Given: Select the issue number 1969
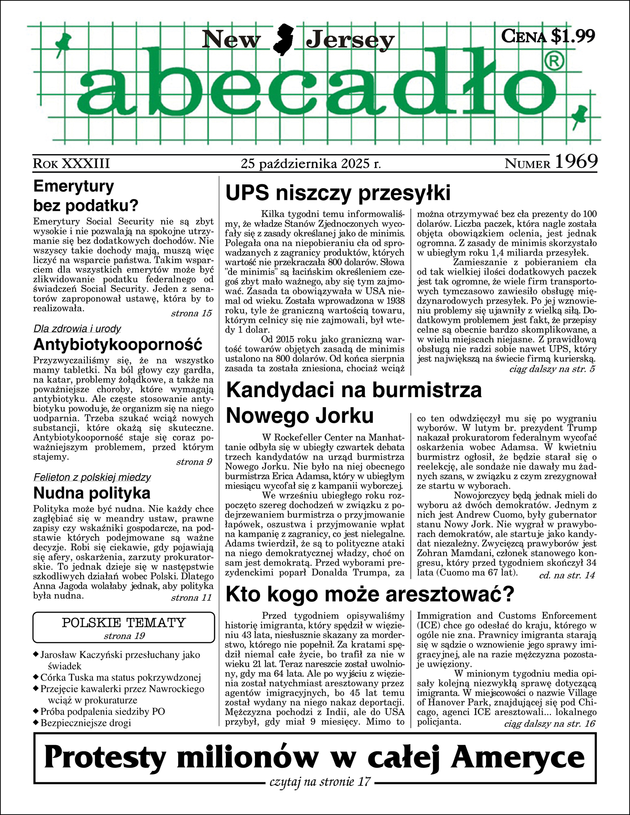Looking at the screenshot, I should pyautogui.click(x=576, y=162).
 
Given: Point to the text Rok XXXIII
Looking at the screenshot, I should pyautogui.click(x=71, y=163).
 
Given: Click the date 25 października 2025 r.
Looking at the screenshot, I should pyautogui.click(x=311, y=163).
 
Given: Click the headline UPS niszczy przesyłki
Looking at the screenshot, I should pyautogui.click(x=338, y=193).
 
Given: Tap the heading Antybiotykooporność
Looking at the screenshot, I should pyautogui.click(x=118, y=345).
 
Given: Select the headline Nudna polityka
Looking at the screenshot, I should pyautogui.click(x=92, y=493).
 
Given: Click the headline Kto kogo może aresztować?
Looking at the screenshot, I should pyautogui.click(x=370, y=594).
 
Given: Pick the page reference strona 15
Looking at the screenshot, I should pyautogui.click(x=191, y=313).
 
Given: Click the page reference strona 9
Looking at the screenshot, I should pyautogui.click(x=194, y=462).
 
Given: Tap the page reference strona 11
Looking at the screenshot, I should pyautogui.click(x=191, y=597).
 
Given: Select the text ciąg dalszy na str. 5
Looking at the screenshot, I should pyautogui.click(x=552, y=369).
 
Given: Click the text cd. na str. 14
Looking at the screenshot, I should pyautogui.click(x=567, y=575).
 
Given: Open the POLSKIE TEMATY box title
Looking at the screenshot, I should pyautogui.click(x=123, y=623).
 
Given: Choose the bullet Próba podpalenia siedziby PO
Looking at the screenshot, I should pyautogui.click(x=102, y=711).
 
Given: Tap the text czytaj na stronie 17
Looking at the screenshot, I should pyautogui.click(x=320, y=781).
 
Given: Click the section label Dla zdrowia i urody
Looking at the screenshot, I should pyautogui.click(x=77, y=329).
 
